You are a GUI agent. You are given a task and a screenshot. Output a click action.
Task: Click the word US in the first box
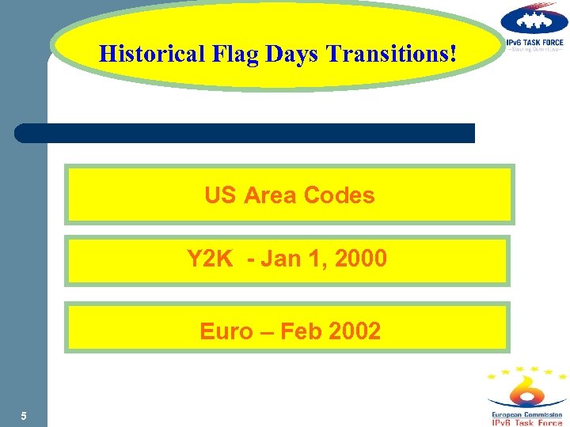pos(220,195)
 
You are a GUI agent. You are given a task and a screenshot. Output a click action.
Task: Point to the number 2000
pos(361,259)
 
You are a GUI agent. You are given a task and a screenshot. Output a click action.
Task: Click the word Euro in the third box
pos(226,331)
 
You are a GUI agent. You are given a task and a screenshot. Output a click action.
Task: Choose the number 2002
pos(355,331)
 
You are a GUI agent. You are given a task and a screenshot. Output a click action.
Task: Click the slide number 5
pos(24,416)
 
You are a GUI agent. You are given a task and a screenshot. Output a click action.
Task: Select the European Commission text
pos(527,414)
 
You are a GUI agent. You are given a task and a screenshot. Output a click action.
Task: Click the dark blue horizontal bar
pos(245,133)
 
